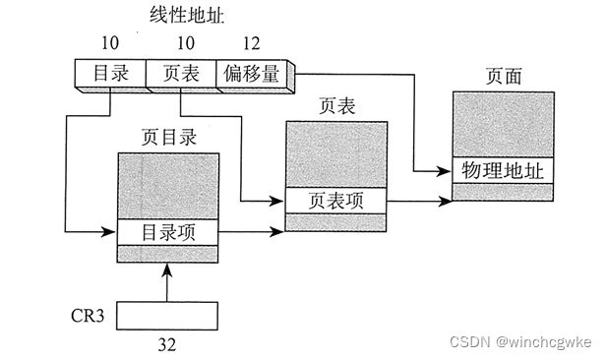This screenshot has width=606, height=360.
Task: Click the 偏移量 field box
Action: click(x=251, y=73)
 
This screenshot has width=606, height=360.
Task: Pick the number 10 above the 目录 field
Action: click(x=109, y=44)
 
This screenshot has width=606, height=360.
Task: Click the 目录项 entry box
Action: click(x=168, y=234)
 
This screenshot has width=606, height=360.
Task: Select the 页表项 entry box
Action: click(x=334, y=200)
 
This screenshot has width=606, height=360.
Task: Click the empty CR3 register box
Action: click(x=168, y=315)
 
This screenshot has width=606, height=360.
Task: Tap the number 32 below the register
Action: click(x=168, y=345)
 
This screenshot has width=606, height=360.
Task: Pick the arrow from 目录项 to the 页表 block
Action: click(x=251, y=234)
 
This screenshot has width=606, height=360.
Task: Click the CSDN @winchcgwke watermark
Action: click(x=519, y=341)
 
